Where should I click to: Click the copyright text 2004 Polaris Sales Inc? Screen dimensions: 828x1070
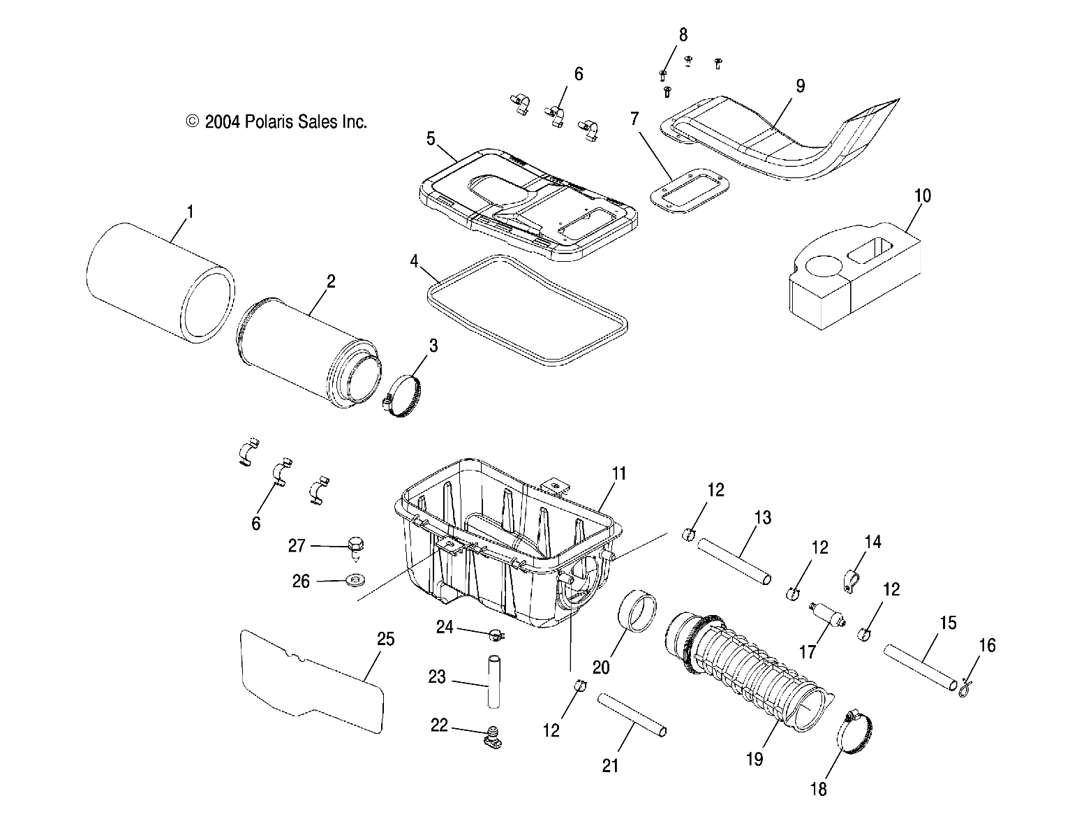(276, 122)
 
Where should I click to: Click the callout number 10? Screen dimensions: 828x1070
(922, 195)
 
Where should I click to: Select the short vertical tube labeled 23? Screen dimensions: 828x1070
(495, 681)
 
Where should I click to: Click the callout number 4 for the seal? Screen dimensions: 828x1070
(415, 263)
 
